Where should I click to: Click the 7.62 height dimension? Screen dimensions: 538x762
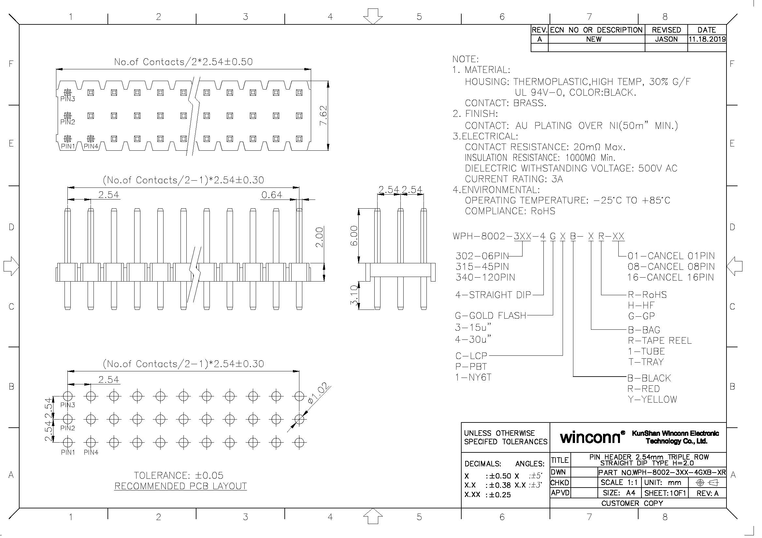pos(323,115)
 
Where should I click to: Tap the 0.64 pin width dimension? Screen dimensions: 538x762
pos(271,195)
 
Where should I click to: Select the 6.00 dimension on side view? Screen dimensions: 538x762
pos(354,236)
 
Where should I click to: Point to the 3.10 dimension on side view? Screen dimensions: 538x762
pos(354,295)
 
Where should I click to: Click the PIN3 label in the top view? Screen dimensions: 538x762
pos(68,99)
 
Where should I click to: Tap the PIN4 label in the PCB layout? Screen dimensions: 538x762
pos(91,452)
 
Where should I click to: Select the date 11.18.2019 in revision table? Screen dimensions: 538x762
pos(707,39)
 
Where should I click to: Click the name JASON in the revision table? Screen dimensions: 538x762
pos(666,39)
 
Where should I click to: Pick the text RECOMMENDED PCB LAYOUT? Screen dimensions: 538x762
pos(180,486)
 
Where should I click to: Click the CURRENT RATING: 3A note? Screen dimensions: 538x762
pos(513,179)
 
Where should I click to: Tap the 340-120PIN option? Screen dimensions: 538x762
pos(485,277)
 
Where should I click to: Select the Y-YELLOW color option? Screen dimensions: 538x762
pos(652,399)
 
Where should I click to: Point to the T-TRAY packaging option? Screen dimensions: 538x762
pos(645,362)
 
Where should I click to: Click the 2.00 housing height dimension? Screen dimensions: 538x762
pos(319,237)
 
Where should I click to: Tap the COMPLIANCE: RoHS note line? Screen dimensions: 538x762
pos(510,211)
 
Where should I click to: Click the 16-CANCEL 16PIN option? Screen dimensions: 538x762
pos(670,277)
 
